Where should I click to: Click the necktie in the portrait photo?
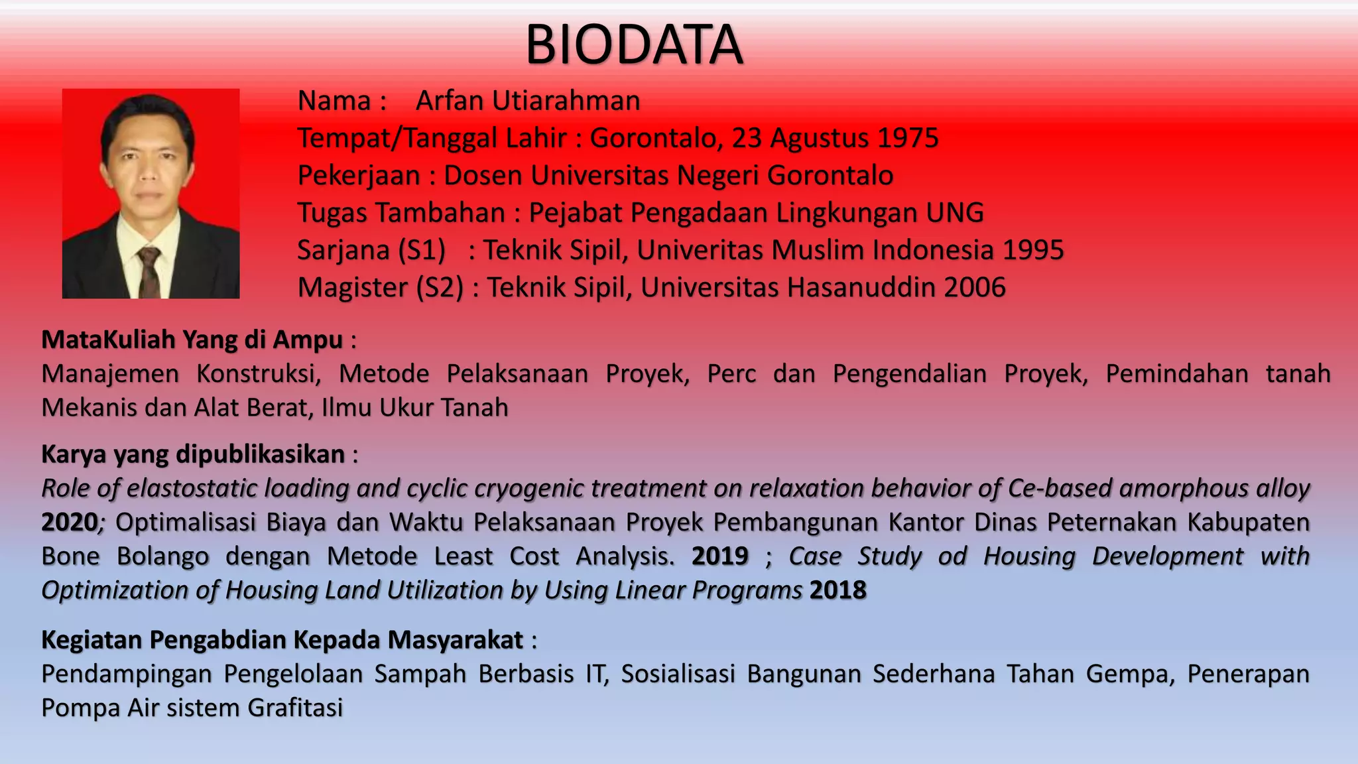pyautogui.click(x=149, y=272)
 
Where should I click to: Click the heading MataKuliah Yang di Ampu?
pyautogui.click(x=192, y=340)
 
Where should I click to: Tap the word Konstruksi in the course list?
pyautogui.click(x=259, y=374)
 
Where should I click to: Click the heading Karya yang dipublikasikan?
pyautogui.click(x=193, y=454)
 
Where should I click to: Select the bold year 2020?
pyautogui.click(x=69, y=523)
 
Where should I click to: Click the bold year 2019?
pyautogui.click(x=720, y=556)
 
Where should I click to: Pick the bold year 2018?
pyautogui.click(x=838, y=590)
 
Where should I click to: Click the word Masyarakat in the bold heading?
pyautogui.click(x=456, y=640)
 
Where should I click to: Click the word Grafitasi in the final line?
pyautogui.click(x=295, y=708)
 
